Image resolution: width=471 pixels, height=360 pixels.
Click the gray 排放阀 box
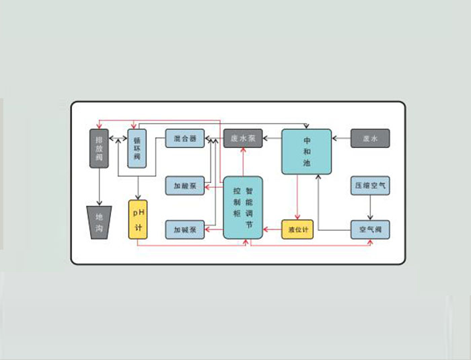click(100, 148)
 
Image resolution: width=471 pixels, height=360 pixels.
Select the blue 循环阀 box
click(137, 148)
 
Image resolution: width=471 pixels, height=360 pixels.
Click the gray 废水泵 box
click(242, 139)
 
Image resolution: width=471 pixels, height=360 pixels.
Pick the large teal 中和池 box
click(306, 152)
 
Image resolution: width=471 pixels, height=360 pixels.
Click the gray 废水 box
click(369, 139)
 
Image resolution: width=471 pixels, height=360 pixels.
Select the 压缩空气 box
click(369, 185)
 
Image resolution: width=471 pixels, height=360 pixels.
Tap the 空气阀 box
click(369, 229)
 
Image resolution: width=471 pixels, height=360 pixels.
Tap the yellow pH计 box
click(138, 219)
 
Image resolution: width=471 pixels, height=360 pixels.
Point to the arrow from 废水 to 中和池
click(341, 139)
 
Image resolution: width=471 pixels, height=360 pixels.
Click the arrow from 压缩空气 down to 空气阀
click(369, 207)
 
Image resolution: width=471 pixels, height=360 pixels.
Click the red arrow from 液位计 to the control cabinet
click(273, 229)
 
